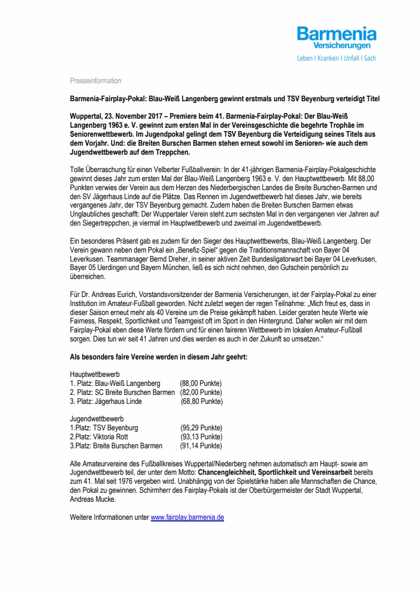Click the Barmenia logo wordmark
[337, 34]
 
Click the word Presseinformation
[95, 81]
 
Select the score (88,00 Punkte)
[201, 382]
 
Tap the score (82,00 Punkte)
[201, 392]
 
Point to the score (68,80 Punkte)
[202, 401]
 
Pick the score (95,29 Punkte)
[201, 428]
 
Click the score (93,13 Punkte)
[201, 437]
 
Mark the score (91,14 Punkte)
[201, 446]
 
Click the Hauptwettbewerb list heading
[95, 373]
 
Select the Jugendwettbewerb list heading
[97, 419]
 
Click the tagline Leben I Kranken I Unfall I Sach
[337, 58]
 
